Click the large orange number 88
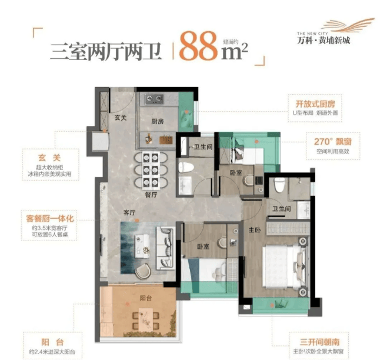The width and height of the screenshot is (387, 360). pos(199,46)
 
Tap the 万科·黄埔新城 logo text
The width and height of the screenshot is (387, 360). pos(323,40)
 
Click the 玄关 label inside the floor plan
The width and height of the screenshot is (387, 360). pos(121,118)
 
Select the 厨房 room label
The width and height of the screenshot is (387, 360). pos(158,121)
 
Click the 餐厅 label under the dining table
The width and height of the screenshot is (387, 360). pos(151,195)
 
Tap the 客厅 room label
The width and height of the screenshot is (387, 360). pos(129,212)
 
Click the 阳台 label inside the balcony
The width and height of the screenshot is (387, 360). pos(146,298)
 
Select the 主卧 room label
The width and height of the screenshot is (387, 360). pos(255,230)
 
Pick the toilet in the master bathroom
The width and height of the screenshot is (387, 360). pos(279,185)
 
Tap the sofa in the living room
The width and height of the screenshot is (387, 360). pos(164,248)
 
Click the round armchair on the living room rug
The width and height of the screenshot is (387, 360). pos(143,271)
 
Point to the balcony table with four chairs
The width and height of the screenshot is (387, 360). pos(146,320)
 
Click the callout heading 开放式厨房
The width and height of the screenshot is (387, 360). pos(315,104)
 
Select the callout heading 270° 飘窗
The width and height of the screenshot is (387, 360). pos(333,142)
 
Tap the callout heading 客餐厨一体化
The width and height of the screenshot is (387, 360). pos(50,218)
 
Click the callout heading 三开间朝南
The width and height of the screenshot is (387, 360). pos(319,342)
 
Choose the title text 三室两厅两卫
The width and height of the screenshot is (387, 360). pos(106,52)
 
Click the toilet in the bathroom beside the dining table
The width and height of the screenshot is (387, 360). pos(185,167)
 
